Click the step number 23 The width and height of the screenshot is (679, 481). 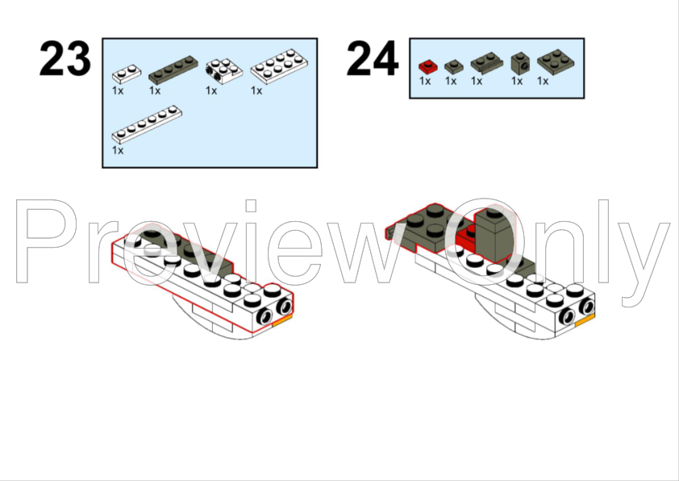(65, 59)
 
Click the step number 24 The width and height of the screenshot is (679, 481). (373, 59)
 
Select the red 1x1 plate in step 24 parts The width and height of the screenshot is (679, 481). (428, 66)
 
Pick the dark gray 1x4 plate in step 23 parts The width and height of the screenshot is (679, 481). (173, 69)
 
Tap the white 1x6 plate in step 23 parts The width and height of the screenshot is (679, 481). (147, 124)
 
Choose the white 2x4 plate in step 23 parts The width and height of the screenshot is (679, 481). (279, 66)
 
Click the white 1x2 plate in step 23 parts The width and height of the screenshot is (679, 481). (127, 73)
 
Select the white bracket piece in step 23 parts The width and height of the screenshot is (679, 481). (224, 71)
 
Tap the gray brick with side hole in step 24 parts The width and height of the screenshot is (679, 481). (520, 63)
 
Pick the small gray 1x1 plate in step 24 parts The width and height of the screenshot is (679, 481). (454, 67)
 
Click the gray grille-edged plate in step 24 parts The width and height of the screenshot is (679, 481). (487, 63)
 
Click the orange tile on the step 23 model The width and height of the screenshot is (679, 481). (282, 320)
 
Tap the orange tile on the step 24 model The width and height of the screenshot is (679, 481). (585, 320)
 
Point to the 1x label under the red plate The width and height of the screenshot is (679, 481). (425, 81)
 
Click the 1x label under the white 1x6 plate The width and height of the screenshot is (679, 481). (118, 150)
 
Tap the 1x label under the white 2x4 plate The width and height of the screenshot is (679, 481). (256, 90)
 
